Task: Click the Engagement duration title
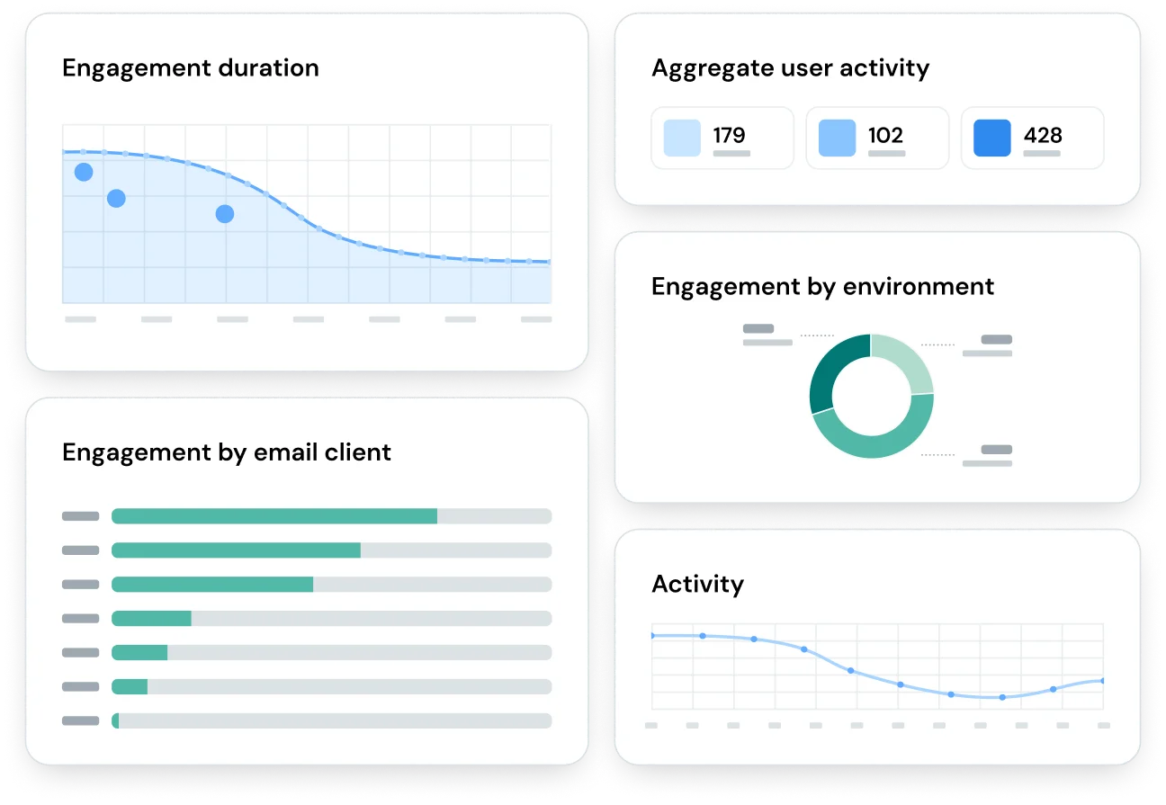click(190, 68)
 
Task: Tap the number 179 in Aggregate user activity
click(729, 135)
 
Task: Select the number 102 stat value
click(885, 135)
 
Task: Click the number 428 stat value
click(1043, 135)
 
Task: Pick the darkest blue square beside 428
click(992, 138)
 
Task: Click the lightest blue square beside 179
click(682, 138)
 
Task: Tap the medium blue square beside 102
click(837, 138)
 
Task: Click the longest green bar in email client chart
click(274, 516)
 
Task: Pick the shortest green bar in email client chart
click(115, 720)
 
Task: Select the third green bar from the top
click(212, 585)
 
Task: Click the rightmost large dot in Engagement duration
click(225, 214)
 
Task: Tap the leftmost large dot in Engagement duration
click(84, 172)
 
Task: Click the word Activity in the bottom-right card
click(697, 584)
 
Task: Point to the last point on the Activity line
click(1102, 681)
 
